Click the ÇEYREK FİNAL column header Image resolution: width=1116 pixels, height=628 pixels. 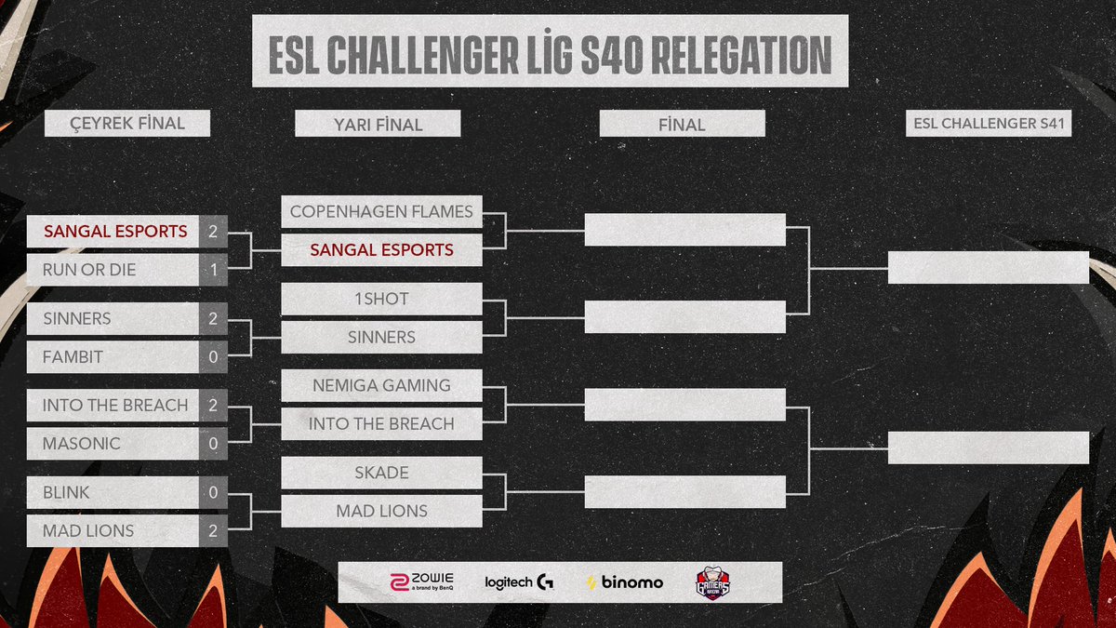127,123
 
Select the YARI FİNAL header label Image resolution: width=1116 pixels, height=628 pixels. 377,124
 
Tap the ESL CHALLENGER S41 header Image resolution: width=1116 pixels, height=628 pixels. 989,124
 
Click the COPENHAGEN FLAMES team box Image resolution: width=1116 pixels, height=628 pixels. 381,211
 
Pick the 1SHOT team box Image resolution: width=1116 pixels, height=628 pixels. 381,299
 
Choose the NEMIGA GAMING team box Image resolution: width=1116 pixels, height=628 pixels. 381,385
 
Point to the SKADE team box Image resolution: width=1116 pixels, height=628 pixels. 381,473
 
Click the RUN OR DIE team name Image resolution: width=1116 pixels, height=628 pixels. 89,270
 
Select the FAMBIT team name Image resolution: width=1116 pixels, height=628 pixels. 73,356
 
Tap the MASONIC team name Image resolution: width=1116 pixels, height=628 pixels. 81,444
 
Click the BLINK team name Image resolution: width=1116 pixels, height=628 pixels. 66,492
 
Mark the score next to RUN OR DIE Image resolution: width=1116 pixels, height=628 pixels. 212,270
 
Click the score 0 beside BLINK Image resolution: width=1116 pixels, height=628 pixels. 212,492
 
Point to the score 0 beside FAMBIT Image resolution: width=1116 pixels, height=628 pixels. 212,356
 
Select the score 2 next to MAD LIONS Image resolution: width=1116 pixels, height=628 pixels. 212,530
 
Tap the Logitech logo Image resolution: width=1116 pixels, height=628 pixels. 519,582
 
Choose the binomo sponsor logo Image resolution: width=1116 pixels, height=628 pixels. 625,582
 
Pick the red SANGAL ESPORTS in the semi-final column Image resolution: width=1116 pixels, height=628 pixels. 381,249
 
